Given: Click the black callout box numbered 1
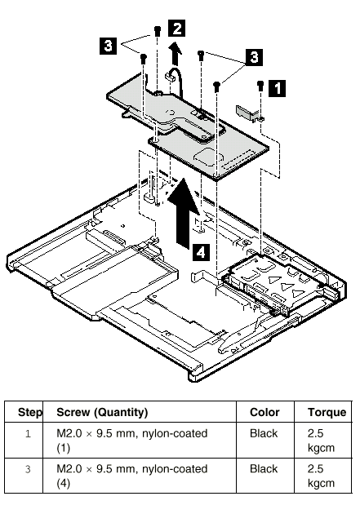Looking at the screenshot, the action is click(x=277, y=88).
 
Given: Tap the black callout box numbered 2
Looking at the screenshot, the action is click(x=176, y=28).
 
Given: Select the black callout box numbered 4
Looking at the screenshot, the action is click(x=201, y=252).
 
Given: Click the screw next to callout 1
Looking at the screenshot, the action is click(x=260, y=86).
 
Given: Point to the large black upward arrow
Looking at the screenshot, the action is click(x=183, y=213).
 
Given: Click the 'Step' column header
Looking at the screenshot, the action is click(x=30, y=412).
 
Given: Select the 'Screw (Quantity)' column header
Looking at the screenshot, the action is click(x=102, y=412).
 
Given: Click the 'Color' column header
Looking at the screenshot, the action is click(x=264, y=412).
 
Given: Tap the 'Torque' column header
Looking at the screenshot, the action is click(x=327, y=412).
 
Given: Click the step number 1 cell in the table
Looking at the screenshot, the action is click(x=28, y=434).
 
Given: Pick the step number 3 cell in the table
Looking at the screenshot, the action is click(x=28, y=469).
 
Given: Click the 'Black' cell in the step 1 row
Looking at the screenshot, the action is click(x=264, y=433).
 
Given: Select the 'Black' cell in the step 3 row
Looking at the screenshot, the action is click(x=264, y=469).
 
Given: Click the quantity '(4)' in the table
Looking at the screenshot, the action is click(x=64, y=483).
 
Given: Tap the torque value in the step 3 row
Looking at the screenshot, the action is click(x=321, y=476).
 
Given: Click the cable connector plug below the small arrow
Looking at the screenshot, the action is click(x=169, y=77).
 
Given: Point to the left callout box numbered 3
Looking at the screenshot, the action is click(x=108, y=46).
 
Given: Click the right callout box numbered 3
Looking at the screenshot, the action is click(x=254, y=57).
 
